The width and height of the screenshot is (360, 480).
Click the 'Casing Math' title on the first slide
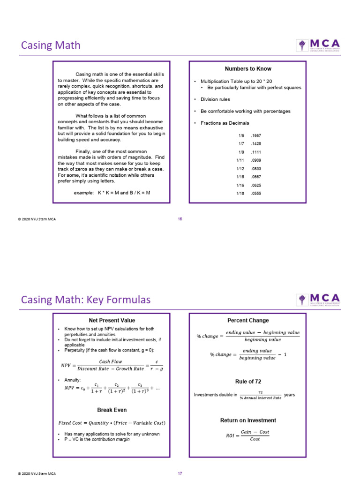51,45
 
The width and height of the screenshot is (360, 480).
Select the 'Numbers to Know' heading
248,69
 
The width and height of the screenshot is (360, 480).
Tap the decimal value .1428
256,144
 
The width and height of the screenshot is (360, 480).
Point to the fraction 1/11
241,160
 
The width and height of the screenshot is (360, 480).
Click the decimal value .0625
256,185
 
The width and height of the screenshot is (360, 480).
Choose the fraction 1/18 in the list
241,193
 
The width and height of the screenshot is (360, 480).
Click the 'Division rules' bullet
215,99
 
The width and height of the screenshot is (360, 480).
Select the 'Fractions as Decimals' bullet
225,123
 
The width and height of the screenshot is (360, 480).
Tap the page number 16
180,219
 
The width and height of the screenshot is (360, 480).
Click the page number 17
180,473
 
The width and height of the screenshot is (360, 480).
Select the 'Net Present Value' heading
111,321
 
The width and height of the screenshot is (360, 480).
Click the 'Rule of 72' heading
248,382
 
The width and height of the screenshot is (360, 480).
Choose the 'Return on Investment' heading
248,420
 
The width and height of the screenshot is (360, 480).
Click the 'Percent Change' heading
248,321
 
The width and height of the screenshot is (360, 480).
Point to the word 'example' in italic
84,193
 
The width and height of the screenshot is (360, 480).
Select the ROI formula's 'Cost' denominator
255,439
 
